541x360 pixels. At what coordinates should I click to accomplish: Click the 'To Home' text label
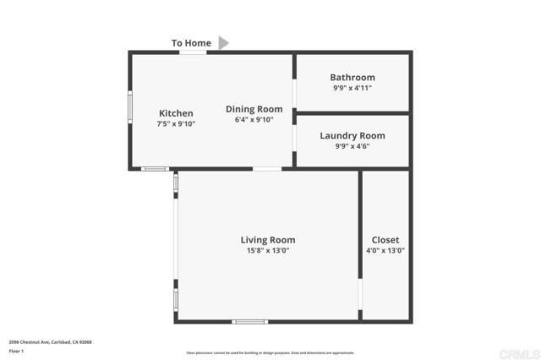(191, 43)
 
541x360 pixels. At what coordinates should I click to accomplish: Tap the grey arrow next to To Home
(224, 42)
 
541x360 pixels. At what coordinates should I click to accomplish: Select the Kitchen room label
(176, 113)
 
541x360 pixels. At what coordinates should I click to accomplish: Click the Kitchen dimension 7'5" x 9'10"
(176, 124)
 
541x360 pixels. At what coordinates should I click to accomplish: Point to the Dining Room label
(254, 109)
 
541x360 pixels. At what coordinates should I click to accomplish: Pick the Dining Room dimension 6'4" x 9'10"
(254, 120)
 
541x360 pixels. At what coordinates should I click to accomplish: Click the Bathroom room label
(352, 78)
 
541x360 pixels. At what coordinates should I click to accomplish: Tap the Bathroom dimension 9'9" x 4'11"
(352, 88)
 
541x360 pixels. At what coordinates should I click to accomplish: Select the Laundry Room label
(352, 135)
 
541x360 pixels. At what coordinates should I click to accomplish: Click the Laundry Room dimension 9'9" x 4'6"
(352, 145)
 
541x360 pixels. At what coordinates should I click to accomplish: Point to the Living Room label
(268, 240)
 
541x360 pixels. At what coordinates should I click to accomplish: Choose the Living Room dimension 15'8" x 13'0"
(268, 250)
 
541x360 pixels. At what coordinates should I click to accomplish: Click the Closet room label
(385, 240)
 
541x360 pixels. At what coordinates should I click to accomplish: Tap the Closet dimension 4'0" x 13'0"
(385, 250)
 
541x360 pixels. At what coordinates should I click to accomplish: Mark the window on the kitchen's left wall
(129, 106)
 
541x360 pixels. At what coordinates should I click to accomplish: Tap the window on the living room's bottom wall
(250, 321)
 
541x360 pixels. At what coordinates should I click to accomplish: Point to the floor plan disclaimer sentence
(270, 353)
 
